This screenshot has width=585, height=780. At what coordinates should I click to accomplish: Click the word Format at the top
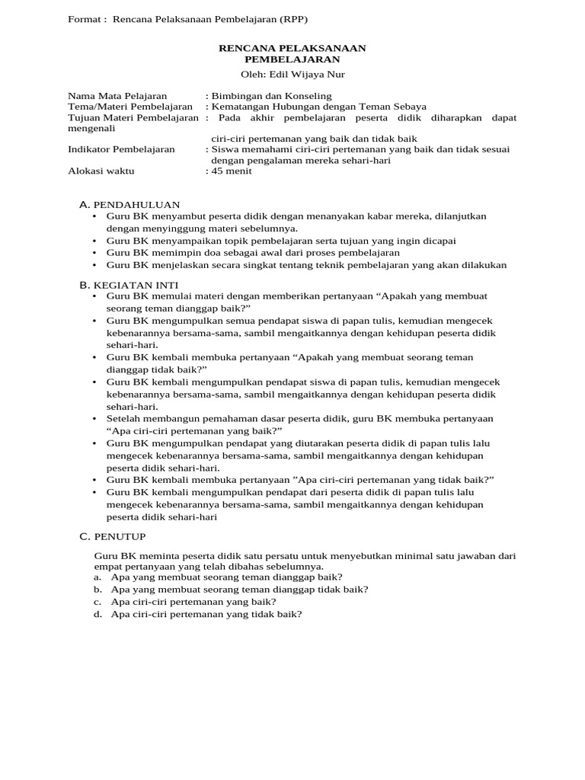click(84, 19)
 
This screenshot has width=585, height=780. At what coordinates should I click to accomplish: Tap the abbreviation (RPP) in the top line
click(272, 19)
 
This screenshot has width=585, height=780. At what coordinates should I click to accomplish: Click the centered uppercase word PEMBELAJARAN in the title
click(292, 59)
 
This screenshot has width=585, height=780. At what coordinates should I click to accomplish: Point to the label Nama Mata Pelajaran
click(117, 96)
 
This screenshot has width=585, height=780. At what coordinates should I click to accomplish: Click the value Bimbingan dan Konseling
click(271, 96)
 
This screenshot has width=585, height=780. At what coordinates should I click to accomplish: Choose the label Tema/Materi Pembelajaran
click(130, 107)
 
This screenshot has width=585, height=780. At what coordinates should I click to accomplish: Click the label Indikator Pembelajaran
click(121, 149)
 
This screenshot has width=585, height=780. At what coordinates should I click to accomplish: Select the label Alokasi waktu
click(101, 171)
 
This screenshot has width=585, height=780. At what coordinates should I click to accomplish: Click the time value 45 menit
click(231, 171)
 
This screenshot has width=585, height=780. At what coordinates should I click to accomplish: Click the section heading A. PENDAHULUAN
click(129, 205)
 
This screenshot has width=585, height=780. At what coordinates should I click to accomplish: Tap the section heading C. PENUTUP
click(114, 536)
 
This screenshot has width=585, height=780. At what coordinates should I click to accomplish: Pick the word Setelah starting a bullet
click(125, 419)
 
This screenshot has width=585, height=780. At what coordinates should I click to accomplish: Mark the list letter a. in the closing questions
click(97, 577)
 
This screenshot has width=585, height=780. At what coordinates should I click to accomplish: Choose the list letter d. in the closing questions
click(97, 614)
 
